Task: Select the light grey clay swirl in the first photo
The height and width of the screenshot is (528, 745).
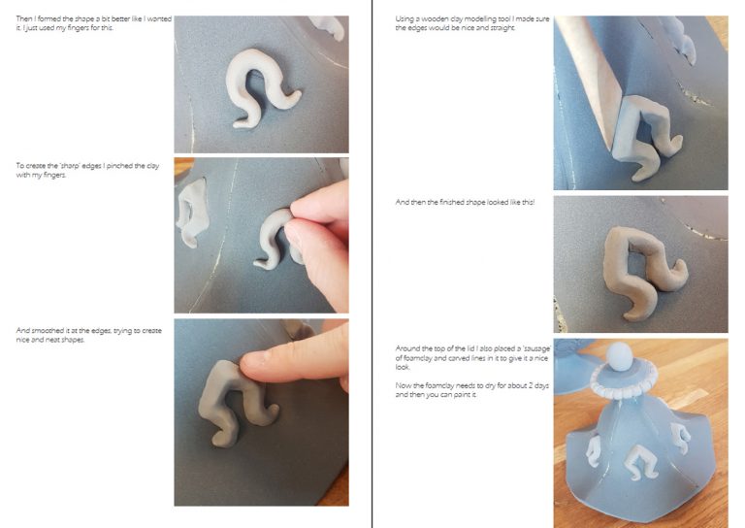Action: tap(261, 87)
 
